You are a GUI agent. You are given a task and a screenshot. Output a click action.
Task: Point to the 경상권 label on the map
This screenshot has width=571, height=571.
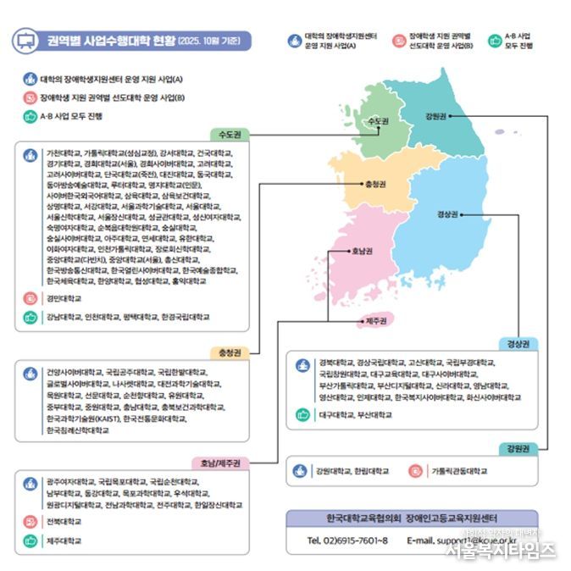click(446, 215)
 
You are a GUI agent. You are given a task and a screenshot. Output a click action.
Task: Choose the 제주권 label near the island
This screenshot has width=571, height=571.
click(376, 320)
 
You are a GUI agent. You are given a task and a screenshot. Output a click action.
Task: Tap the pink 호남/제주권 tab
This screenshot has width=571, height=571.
click(221, 463)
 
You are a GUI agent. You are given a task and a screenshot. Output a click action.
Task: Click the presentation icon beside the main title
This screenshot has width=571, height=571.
click(25, 41)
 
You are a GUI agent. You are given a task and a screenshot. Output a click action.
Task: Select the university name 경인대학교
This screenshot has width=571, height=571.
click(64, 298)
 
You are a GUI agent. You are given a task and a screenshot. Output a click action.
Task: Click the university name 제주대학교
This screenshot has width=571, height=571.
click(64, 540)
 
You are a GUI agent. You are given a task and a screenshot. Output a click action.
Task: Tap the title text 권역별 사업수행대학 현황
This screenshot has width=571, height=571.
click(111, 41)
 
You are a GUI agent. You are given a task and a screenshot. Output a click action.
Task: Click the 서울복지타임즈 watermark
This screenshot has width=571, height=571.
click(500, 550)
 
